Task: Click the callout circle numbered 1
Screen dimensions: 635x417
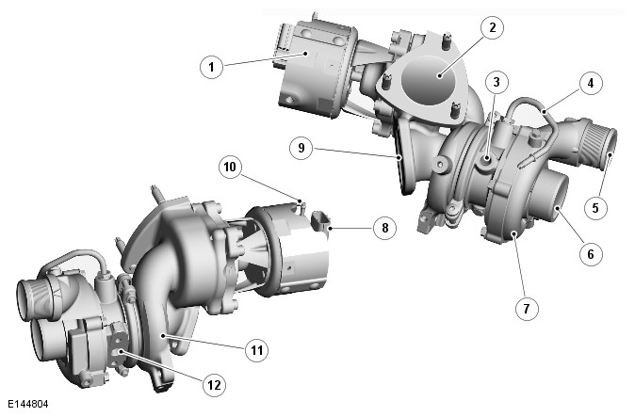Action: click(x=212, y=67)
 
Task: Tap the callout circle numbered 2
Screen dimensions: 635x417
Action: click(x=492, y=27)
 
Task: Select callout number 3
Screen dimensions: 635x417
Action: click(x=497, y=83)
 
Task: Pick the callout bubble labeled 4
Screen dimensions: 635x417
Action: click(x=591, y=83)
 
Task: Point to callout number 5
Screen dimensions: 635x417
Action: click(x=595, y=208)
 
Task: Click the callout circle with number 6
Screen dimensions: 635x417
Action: click(x=591, y=254)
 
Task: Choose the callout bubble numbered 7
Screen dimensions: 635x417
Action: click(x=527, y=309)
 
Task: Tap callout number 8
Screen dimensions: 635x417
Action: click(x=384, y=228)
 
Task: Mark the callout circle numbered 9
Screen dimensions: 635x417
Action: click(x=301, y=148)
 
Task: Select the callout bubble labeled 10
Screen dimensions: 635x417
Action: click(x=230, y=167)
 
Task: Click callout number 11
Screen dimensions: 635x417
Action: click(x=257, y=350)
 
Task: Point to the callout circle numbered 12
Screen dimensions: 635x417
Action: click(x=214, y=385)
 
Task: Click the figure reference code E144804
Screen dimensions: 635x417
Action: click(x=28, y=404)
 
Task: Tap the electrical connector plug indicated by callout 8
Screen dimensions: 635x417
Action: click(x=321, y=221)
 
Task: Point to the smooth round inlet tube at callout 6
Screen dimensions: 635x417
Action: click(x=550, y=195)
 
